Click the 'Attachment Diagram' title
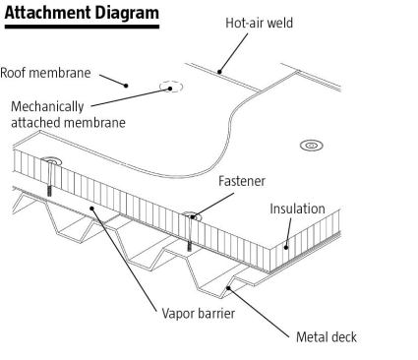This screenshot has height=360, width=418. [82, 13]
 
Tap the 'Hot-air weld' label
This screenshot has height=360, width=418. [259, 23]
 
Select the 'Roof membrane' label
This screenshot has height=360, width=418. [45, 73]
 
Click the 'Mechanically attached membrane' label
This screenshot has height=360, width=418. [68, 115]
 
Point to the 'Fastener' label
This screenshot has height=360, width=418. [242, 181]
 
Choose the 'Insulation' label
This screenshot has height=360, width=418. [297, 209]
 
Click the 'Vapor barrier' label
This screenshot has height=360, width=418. [199, 314]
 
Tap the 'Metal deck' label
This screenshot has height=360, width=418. [327, 337]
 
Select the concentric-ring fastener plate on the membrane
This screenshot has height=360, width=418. [312, 146]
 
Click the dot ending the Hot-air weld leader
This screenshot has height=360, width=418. [219, 72]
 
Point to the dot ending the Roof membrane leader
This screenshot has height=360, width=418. [126, 86]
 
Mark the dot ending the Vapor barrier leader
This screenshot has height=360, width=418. [92, 209]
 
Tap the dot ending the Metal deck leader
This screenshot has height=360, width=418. [229, 288]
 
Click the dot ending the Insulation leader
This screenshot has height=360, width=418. [286, 248]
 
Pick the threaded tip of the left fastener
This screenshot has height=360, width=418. [49, 191]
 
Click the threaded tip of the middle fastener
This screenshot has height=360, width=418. [189, 246]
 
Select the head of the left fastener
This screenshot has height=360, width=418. [51, 160]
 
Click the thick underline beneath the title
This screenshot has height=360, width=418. [82, 27]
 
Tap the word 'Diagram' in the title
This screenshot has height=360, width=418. [128, 14]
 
